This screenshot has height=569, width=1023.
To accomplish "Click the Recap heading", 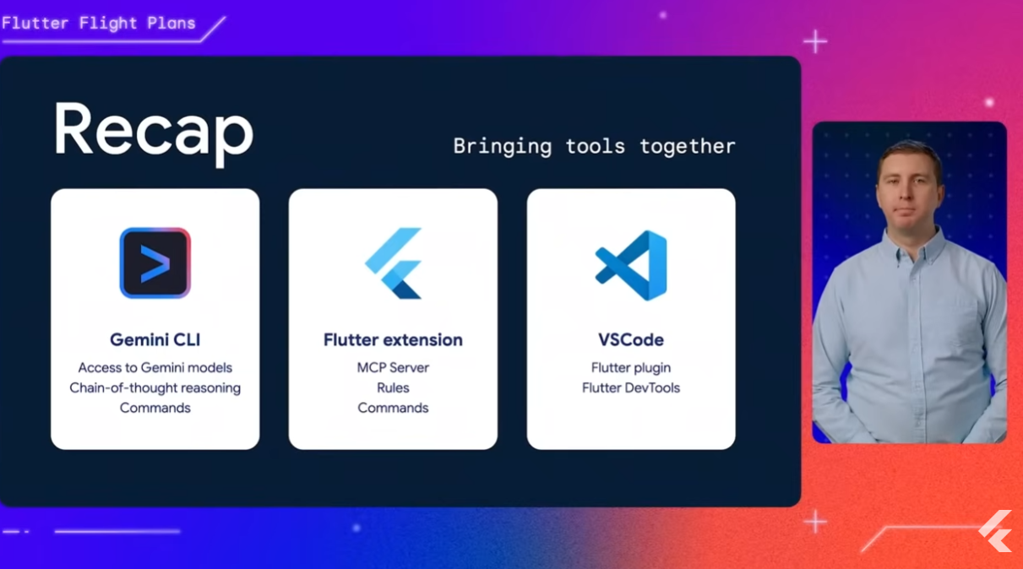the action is pyautogui.click(x=154, y=133).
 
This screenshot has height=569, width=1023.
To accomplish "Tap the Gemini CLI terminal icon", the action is pyautogui.click(x=155, y=263).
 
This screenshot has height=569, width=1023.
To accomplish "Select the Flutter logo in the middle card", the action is pyautogui.click(x=393, y=263).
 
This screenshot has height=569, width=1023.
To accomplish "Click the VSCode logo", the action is pyautogui.click(x=631, y=266).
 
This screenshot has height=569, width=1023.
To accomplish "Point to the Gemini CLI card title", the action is pyautogui.click(x=155, y=340).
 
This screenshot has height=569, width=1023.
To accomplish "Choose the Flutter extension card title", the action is pyautogui.click(x=393, y=340).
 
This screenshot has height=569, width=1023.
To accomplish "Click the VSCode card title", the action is pyautogui.click(x=631, y=340).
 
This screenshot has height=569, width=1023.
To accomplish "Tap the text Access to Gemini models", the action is pyautogui.click(x=155, y=367).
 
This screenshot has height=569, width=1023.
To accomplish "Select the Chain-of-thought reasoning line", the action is pyautogui.click(x=155, y=387).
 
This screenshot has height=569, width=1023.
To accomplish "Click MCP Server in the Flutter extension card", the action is pyautogui.click(x=393, y=367).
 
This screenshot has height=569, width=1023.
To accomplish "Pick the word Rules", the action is pyautogui.click(x=393, y=387).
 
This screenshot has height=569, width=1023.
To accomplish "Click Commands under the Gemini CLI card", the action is pyautogui.click(x=155, y=408).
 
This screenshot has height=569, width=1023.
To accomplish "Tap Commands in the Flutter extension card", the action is pyautogui.click(x=393, y=408).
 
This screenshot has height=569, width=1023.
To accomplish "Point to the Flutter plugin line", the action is pyautogui.click(x=631, y=368).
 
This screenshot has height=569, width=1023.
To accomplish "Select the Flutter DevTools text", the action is pyautogui.click(x=631, y=387).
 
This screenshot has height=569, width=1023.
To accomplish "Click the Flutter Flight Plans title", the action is pyautogui.click(x=99, y=24).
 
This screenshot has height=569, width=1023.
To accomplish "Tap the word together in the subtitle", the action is pyautogui.click(x=688, y=146).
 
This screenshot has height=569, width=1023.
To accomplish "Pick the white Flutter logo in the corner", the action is pyautogui.click(x=996, y=531).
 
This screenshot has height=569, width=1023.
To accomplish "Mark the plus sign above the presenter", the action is pyautogui.click(x=815, y=42).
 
